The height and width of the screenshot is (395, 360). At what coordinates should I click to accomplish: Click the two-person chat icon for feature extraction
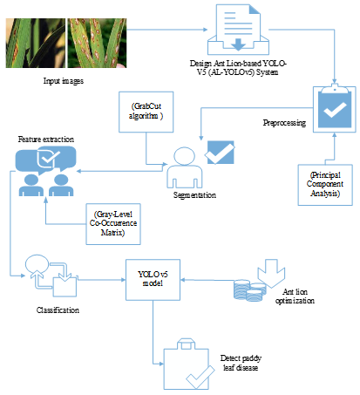coord(45,170)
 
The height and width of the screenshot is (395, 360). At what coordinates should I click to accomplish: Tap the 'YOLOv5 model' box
coord(153,278)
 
